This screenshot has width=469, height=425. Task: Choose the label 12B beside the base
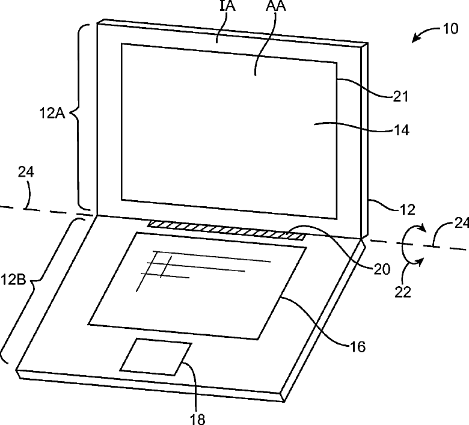(x=13, y=279)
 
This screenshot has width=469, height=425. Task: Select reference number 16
(x=357, y=346)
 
